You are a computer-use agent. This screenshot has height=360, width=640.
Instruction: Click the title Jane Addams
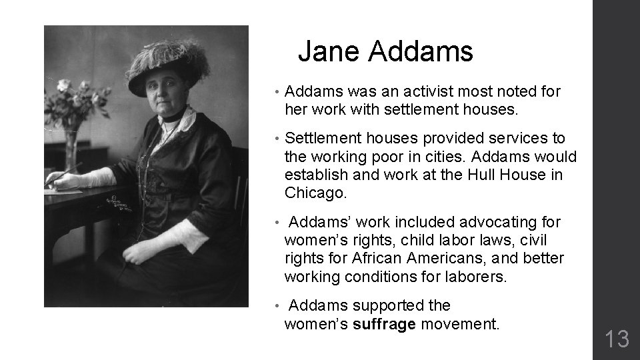385,51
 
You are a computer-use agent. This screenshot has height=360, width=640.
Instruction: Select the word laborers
477,276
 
